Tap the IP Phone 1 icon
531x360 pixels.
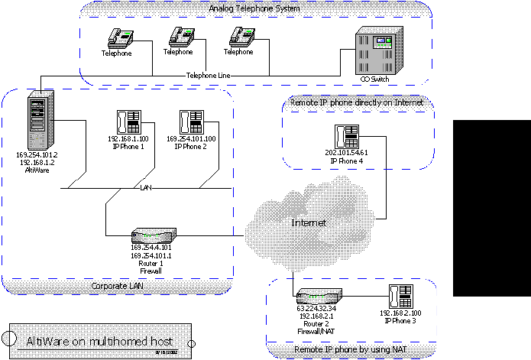click(128, 122)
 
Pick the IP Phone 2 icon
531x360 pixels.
click(190, 122)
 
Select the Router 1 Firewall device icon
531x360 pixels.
click(154, 234)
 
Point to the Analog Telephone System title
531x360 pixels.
click(256, 8)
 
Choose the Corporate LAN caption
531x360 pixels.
click(118, 286)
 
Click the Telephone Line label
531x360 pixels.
click(209, 76)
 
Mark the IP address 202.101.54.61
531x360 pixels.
click(346, 153)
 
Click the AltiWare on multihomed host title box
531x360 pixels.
click(99, 341)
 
